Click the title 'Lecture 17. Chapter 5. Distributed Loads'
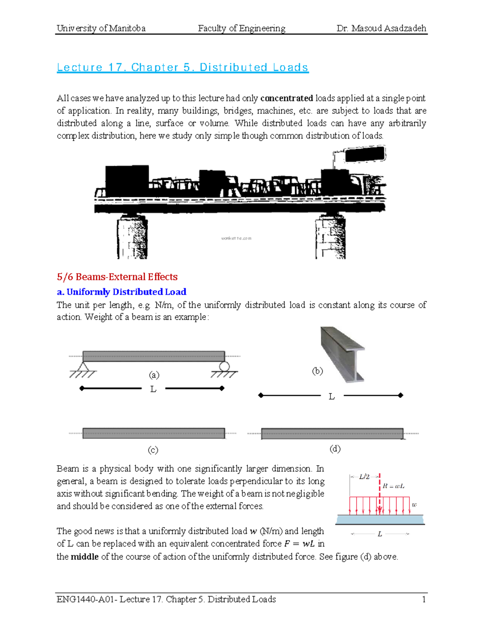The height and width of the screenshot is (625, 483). point(182,67)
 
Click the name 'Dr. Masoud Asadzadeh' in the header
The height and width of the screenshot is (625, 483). point(381,28)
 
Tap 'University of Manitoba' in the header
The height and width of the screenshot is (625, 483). point(101,28)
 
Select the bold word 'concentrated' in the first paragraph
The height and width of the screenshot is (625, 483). point(287,98)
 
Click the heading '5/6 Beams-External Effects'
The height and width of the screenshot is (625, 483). point(117,277)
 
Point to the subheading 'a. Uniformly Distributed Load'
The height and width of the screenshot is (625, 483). point(122,292)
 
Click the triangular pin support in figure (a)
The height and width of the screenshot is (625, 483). point(83,367)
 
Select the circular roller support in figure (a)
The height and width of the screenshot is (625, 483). point(224,367)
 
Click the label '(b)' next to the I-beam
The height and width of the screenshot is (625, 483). point(318,371)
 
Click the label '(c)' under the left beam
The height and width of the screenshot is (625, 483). point(153,450)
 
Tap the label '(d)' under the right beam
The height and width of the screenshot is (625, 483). point(335,449)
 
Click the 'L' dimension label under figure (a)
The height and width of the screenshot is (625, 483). point(153,389)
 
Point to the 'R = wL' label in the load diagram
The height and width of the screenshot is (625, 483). point(393,486)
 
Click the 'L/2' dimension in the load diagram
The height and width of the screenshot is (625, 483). point(364,477)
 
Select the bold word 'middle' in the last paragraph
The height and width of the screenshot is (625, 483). point(85,557)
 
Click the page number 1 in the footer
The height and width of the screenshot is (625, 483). point(424,600)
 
